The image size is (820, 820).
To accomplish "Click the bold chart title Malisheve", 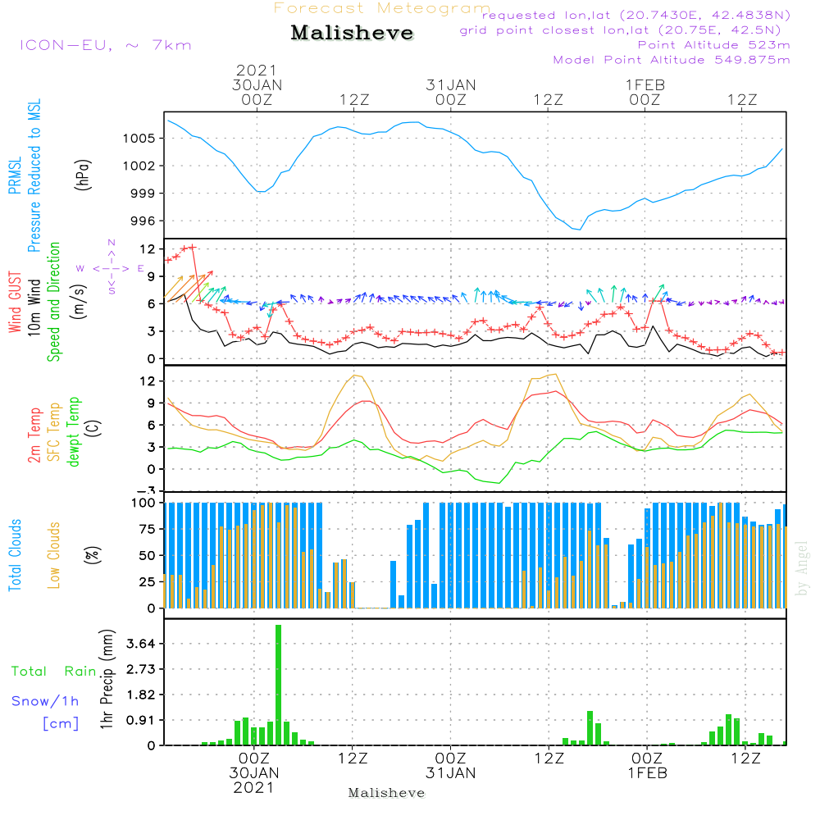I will (352, 33).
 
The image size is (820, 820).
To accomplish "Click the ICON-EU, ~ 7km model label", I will (105, 44).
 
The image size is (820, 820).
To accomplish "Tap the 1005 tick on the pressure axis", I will (140, 138).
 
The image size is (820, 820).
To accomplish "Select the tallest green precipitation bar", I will (279, 685).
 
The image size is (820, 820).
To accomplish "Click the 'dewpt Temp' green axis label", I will (74, 433).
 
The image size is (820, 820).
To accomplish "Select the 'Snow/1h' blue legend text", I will (45, 701).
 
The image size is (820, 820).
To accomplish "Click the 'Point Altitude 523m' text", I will (713, 45).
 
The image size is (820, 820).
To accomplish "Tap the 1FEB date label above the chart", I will (645, 84).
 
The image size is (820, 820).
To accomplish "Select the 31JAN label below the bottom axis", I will (450, 773).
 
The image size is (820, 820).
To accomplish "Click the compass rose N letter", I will (111, 243).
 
